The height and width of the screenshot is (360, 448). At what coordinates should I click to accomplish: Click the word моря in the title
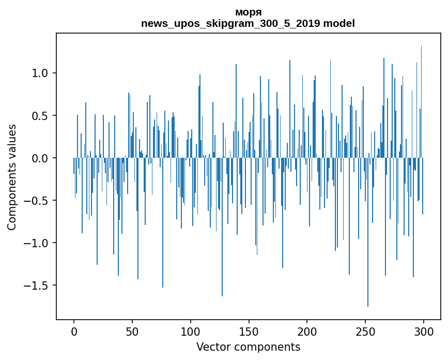[248, 12]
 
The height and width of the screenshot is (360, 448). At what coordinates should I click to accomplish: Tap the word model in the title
[339, 23]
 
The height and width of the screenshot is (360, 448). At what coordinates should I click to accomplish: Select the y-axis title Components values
[12, 177]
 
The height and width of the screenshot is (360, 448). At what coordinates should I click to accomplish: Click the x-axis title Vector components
[248, 347]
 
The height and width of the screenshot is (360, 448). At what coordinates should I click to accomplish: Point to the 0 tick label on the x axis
[74, 331]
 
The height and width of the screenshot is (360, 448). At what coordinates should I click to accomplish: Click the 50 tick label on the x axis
[132, 331]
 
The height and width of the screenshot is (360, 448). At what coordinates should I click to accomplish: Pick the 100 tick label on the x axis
[191, 331]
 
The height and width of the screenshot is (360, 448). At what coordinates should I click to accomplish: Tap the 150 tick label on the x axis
[249, 331]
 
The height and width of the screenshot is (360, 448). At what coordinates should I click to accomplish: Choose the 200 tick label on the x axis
[307, 331]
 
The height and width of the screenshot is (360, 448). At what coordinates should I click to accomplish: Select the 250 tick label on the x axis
[365, 331]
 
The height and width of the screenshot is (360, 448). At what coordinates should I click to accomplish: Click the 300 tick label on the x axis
[424, 331]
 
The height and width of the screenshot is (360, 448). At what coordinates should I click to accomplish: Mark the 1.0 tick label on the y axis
[40, 73]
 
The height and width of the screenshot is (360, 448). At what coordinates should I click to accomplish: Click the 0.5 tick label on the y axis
[40, 115]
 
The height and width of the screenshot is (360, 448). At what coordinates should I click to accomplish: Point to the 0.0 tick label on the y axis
[40, 158]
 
